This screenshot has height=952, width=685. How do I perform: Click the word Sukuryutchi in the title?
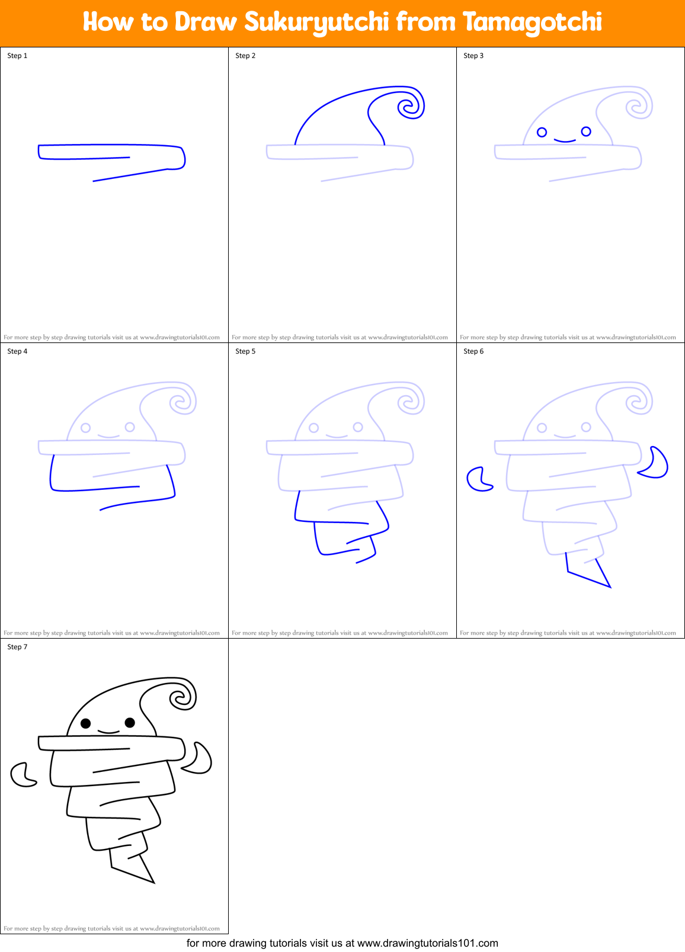click(316, 23)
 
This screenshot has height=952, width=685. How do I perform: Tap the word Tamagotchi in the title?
click(532, 23)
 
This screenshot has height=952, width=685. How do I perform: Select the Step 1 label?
click(17, 56)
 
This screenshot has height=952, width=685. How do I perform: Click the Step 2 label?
click(245, 56)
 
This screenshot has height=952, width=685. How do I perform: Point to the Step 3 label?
click(473, 56)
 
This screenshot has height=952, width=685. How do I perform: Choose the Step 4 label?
click(17, 351)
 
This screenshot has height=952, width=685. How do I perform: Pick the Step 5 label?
click(245, 351)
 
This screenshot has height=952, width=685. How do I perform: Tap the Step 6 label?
click(473, 351)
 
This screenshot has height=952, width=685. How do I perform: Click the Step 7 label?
click(17, 647)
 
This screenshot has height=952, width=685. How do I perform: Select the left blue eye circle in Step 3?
click(542, 132)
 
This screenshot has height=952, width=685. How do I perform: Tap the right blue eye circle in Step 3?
click(586, 131)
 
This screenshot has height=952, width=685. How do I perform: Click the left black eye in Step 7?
click(85, 723)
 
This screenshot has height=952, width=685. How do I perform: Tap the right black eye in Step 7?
click(130, 722)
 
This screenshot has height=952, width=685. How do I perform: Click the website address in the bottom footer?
click(428, 943)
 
